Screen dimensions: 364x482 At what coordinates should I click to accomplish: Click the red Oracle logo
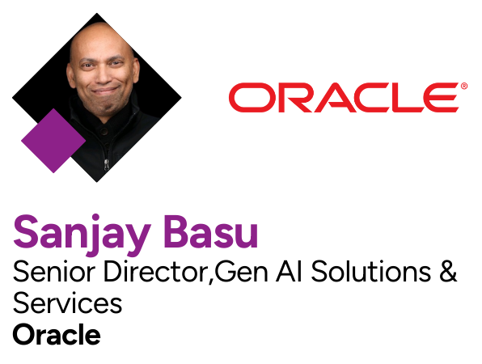click(344, 97)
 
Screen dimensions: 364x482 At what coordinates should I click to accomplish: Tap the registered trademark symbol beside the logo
click(463, 85)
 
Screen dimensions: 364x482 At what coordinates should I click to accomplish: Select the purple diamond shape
click(53, 141)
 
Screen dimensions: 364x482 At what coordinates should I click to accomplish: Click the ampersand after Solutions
click(447, 273)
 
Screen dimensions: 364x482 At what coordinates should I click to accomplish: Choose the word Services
click(67, 304)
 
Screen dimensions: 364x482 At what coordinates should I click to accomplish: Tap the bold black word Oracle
click(57, 334)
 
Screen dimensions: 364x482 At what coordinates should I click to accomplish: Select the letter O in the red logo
click(247, 97)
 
